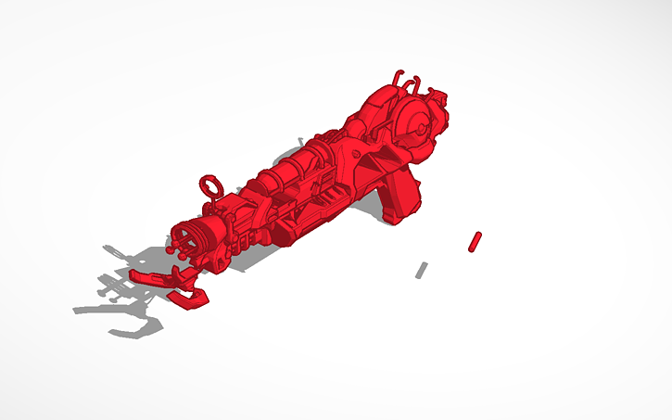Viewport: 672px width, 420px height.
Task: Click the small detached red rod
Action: click(475, 241)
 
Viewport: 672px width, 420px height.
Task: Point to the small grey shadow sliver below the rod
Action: click(421, 270)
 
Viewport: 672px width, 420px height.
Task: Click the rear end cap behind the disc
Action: click(443, 104)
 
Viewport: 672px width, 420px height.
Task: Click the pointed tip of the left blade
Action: click(132, 274)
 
